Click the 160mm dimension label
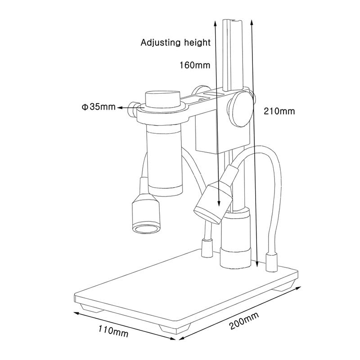195,65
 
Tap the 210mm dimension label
279,111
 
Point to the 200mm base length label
244,321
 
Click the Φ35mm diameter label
99,107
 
